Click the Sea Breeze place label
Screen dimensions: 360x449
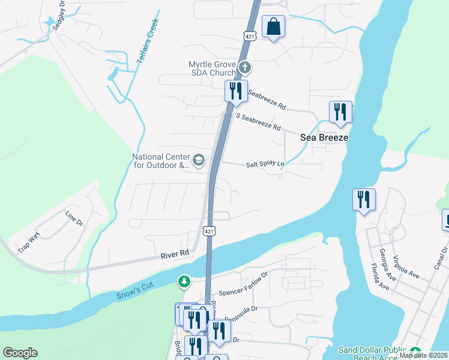pyautogui.click(x=325, y=137)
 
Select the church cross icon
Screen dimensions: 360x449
pyautogui.click(x=244, y=67)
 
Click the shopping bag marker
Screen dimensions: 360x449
pyautogui.click(x=273, y=27)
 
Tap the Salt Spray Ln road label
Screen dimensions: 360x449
pyautogui.click(x=265, y=164)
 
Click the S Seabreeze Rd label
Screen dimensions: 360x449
pyautogui.click(x=259, y=122)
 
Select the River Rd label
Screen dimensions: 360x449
pyautogui.click(x=175, y=254)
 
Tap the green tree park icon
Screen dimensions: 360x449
pyautogui.click(x=184, y=281)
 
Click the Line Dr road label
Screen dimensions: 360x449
pyautogui.click(x=74, y=218)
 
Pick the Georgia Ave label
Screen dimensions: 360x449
pyautogui.click(x=388, y=260)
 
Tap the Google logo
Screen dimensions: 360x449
pyautogui.click(x=20, y=353)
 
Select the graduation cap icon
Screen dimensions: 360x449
pyautogui.click(x=199, y=160)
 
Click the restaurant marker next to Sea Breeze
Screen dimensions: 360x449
pyautogui.click(x=340, y=112)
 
